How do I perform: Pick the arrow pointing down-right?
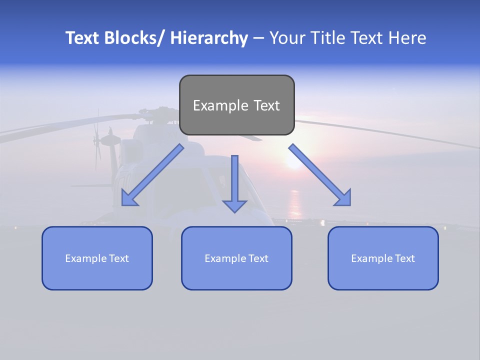[320, 175]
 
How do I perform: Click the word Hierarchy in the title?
[209, 38]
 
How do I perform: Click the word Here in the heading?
[405, 38]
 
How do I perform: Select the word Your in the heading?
[287, 38]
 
